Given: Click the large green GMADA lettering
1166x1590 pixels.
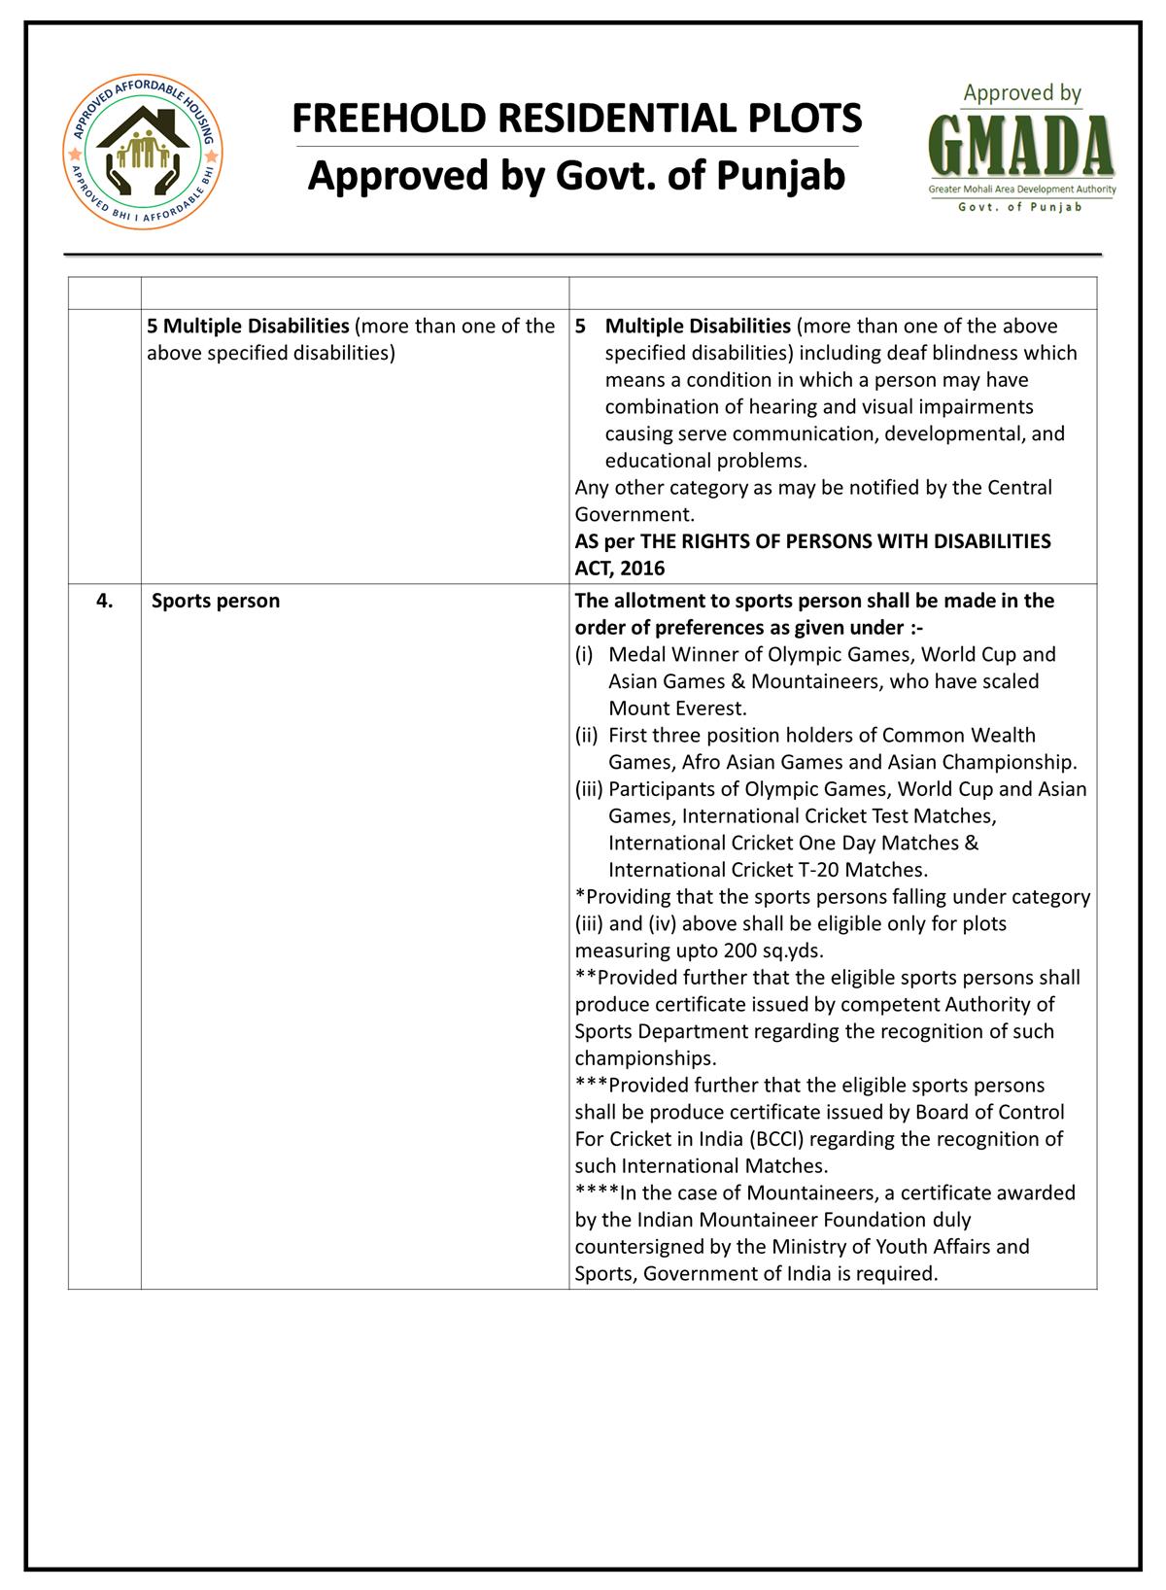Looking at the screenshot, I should coord(1022,144).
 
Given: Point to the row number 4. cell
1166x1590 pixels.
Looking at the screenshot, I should coord(104,601).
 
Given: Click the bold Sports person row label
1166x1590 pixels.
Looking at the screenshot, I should coord(216,601).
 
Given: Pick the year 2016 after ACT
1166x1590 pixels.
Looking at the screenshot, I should coord(641,568).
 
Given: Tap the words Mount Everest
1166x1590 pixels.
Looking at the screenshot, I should coord(677,709).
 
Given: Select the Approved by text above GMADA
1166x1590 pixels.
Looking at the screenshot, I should coord(1022,94).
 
